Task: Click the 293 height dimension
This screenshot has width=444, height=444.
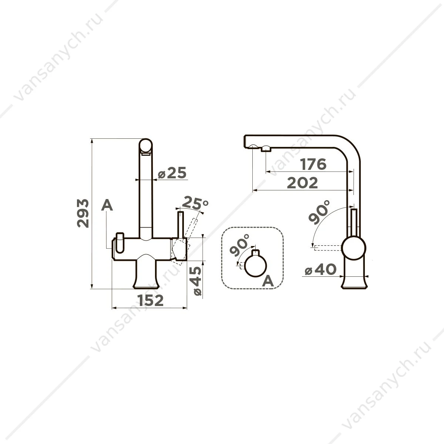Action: click(83, 213)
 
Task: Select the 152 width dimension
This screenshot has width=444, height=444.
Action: click(151, 300)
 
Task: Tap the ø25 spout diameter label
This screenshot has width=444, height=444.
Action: click(172, 173)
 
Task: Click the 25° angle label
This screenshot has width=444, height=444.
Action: click(195, 203)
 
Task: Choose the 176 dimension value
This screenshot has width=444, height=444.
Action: click(313, 164)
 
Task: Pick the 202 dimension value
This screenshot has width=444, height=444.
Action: click(302, 183)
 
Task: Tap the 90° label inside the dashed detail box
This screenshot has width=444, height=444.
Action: click(240, 245)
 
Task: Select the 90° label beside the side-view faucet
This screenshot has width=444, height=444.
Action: click(319, 212)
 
